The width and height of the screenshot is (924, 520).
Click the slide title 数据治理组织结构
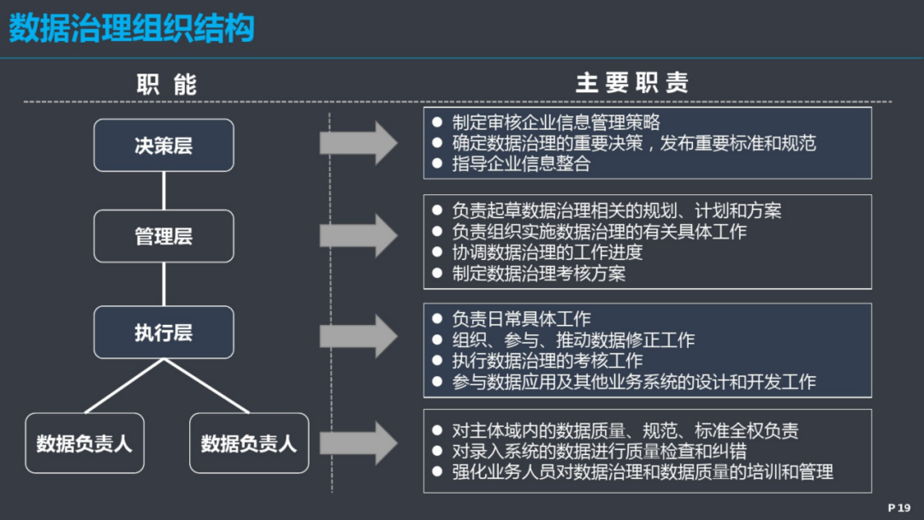coord(132,27)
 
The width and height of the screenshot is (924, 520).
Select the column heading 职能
coord(167,84)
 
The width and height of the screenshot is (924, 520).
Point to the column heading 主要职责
coord(632,83)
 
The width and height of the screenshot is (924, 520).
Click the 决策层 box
coord(163,145)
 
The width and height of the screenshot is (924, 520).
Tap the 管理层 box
coord(163,236)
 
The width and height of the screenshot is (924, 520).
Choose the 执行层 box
coord(163,332)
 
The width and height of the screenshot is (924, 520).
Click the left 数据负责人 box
coord(84,443)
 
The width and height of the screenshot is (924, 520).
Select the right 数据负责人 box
coord(249,443)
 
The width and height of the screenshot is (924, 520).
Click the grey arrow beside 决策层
coord(358,143)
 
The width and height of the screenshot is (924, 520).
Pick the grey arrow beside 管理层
coord(358,235)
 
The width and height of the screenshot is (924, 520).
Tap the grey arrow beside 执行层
coord(358,336)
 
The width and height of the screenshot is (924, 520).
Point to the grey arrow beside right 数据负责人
coord(358,443)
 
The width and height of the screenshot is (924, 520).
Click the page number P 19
coord(899,508)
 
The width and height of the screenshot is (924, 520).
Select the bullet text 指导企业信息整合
coord(521,163)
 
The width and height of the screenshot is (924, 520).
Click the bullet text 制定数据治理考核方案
coord(539,273)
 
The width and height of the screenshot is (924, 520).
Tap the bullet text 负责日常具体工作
coord(521,319)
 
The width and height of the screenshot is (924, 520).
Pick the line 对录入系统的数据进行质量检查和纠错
coord(599,451)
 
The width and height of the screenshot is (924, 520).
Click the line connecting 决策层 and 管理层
coord(163,191)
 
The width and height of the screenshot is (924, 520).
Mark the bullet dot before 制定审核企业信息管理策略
coord(437,122)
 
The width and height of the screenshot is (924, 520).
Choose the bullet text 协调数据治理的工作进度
coord(547,252)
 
